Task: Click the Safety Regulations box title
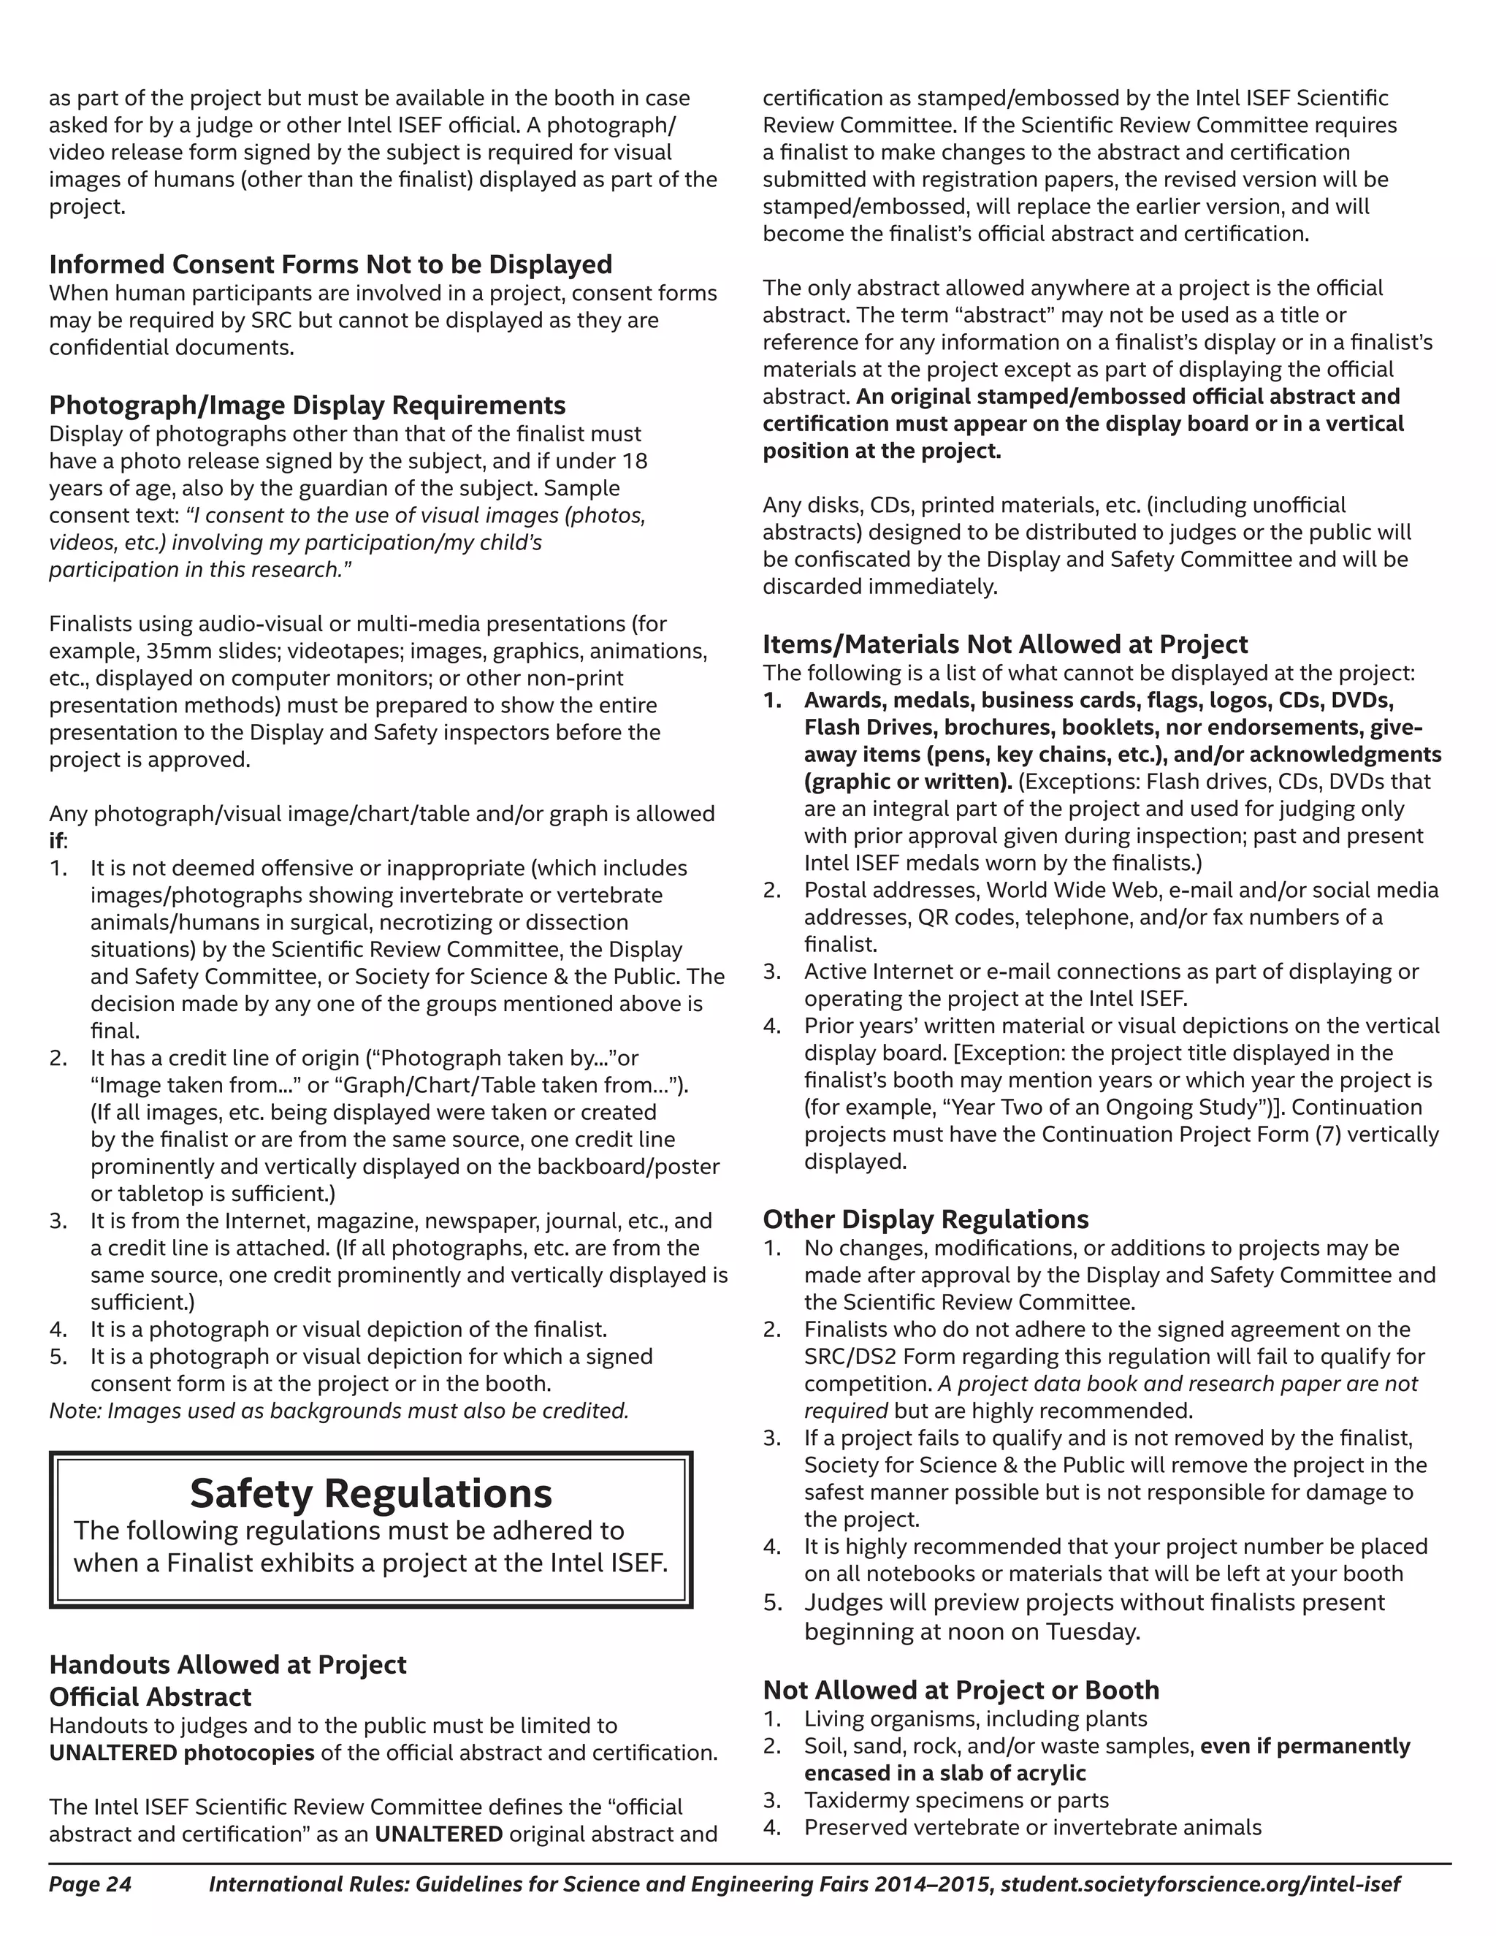[x=370, y=1494]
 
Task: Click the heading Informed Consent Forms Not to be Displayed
[x=331, y=264]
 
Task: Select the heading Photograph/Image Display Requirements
[x=307, y=405]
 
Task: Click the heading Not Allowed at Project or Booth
[x=961, y=1690]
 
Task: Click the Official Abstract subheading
[x=150, y=1696]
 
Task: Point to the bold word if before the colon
[x=56, y=840]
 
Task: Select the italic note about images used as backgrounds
[x=338, y=1410]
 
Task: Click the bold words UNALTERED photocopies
[x=182, y=1753]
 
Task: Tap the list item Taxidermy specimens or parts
[x=956, y=1799]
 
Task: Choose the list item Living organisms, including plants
[x=975, y=1719]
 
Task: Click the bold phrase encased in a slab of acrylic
[x=944, y=1773]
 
